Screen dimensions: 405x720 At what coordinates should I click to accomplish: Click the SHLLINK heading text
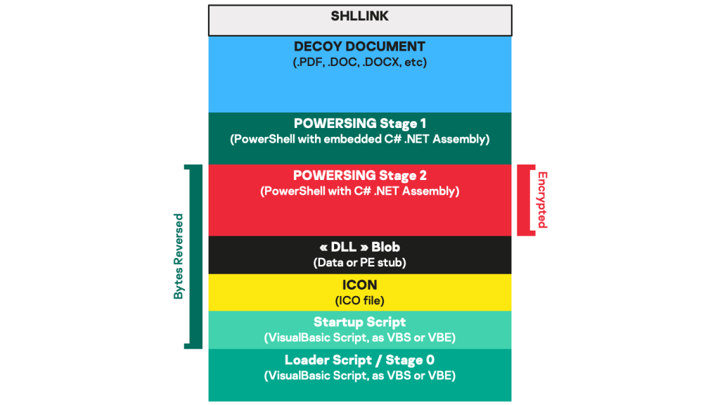click(359, 16)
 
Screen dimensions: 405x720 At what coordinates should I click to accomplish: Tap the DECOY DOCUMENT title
click(359, 46)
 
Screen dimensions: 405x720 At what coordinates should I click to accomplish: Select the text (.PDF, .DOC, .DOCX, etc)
click(359, 62)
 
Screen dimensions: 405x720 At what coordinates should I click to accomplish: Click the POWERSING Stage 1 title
click(359, 124)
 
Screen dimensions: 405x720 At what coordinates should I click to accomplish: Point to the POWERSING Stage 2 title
click(359, 175)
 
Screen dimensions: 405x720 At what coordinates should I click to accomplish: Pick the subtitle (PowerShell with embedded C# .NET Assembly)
click(359, 139)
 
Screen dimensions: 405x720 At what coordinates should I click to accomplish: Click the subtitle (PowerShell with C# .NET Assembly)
click(359, 191)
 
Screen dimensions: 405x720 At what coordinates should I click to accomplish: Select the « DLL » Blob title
click(359, 247)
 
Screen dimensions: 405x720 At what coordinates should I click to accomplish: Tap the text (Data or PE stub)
click(359, 263)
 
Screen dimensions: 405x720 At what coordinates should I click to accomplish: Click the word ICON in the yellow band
click(359, 285)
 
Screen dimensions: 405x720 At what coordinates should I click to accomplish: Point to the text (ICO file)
click(359, 300)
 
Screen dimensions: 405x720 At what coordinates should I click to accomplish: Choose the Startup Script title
click(359, 322)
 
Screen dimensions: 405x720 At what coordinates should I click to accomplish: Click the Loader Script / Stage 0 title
click(359, 360)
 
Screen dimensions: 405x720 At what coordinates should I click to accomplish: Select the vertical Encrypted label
click(541, 200)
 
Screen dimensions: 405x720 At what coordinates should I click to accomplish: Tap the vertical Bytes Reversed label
click(179, 256)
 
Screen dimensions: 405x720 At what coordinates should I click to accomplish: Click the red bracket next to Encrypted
click(523, 200)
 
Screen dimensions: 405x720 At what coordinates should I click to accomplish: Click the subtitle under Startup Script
click(359, 337)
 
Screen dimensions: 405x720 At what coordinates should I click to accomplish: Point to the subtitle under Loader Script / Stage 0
click(359, 375)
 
